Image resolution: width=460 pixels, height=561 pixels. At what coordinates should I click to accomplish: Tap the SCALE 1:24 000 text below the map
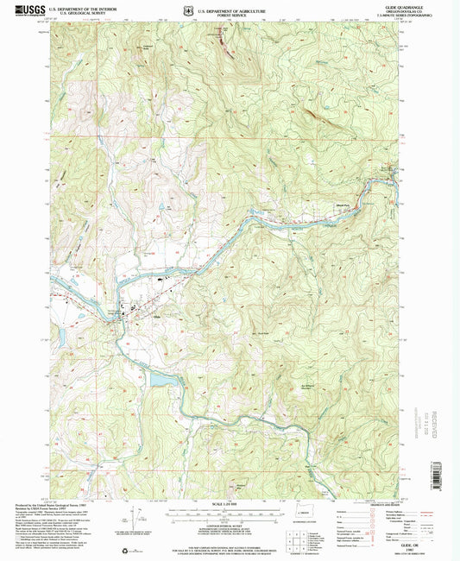[x=229, y=504]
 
